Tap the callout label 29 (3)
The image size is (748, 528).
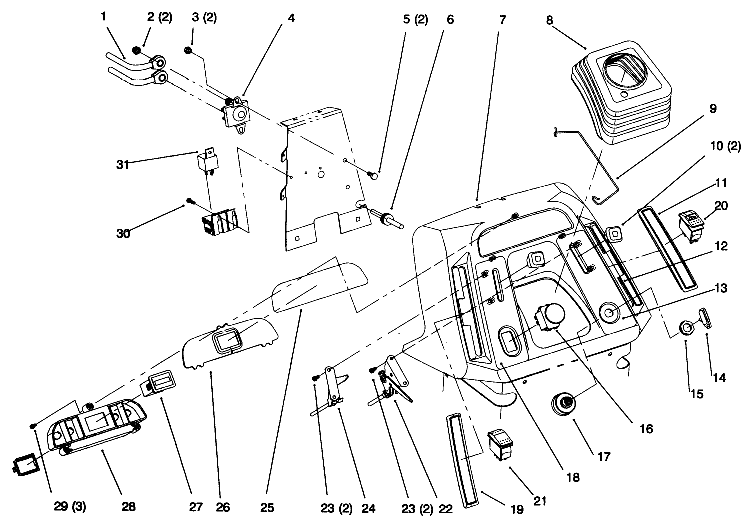click(70, 507)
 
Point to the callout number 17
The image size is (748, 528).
click(604, 456)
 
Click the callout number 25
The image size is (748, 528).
click(267, 508)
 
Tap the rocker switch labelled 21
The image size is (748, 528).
click(501, 443)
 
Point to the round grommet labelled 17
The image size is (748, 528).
click(563, 403)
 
